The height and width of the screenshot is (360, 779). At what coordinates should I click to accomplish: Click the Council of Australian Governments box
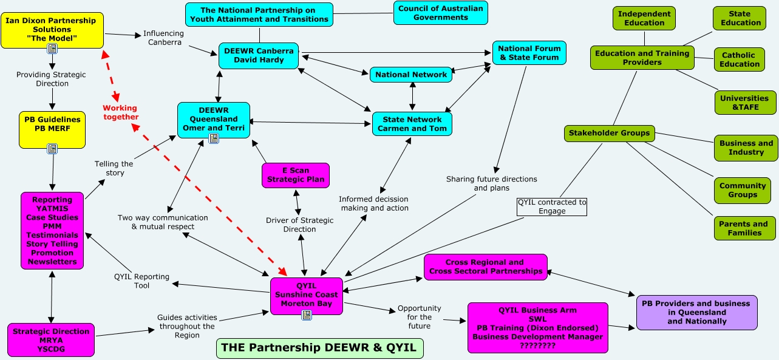[x=440, y=13]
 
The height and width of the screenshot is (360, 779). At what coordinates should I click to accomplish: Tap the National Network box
[x=411, y=75]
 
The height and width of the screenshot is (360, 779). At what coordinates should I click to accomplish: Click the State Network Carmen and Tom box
[x=412, y=124]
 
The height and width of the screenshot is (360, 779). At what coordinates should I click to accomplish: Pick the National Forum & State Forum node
[x=529, y=53]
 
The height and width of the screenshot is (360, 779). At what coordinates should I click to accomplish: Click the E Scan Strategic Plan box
[x=296, y=175]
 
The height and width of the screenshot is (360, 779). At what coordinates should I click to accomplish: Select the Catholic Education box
[x=740, y=59]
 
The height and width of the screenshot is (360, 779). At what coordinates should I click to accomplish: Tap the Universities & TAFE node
[x=744, y=103]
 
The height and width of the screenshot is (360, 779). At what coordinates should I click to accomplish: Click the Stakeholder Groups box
[x=609, y=133]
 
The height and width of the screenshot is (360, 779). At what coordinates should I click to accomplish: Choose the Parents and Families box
[x=743, y=228]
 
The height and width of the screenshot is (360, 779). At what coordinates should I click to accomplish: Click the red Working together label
[x=120, y=112]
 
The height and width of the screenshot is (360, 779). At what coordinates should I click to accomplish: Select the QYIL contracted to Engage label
[x=552, y=206]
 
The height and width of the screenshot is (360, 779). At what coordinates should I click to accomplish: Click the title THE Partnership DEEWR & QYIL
[x=319, y=348]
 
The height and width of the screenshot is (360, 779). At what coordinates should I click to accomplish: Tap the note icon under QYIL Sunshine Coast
[x=307, y=314]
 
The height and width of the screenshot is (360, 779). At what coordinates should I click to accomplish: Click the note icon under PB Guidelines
[x=52, y=148]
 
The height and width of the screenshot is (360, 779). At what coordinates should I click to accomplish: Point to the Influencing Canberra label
[x=163, y=38]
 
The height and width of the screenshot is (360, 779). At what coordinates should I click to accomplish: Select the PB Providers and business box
[x=696, y=312]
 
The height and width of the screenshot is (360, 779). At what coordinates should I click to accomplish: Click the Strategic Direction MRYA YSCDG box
[x=51, y=340]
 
